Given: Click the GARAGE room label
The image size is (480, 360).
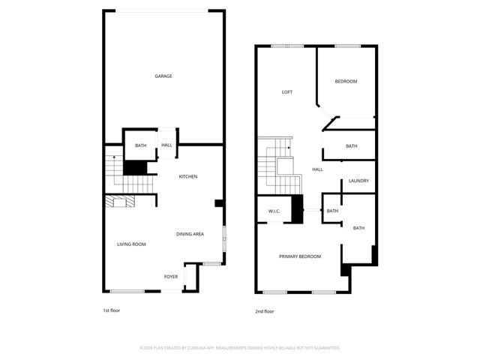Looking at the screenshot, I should pyautogui.click(x=163, y=76).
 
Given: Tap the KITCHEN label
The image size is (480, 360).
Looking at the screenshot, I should pyautogui.click(x=187, y=177).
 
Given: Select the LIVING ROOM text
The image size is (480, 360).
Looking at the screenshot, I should pyautogui.click(x=131, y=244).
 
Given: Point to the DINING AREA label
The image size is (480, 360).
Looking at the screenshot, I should pyautogui.click(x=190, y=235).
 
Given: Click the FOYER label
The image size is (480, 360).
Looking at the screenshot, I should pyautogui.click(x=171, y=277).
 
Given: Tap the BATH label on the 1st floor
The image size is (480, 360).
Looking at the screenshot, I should pyautogui.click(x=140, y=145).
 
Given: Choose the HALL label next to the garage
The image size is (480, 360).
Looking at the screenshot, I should pyautogui.click(x=166, y=145).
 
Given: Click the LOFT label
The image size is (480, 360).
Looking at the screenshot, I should pyautogui.click(x=286, y=92).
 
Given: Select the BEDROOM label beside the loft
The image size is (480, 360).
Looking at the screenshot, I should pyautogui.click(x=346, y=82).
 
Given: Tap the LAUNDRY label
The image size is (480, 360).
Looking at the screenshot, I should pyautogui.click(x=358, y=181).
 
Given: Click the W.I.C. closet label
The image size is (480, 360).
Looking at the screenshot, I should pyautogui.click(x=274, y=211).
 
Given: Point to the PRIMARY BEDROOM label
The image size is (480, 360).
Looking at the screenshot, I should pyautogui.click(x=300, y=256).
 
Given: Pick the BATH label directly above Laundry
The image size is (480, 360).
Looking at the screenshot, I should pyautogui.click(x=352, y=146).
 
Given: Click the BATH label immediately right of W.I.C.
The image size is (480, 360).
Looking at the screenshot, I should pyautogui.click(x=332, y=211).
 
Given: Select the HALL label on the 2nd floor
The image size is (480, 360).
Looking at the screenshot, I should pyautogui.click(x=317, y=169).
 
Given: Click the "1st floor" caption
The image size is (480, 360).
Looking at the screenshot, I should pyautogui.click(x=111, y=310).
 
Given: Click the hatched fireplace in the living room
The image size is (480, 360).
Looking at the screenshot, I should pyautogui.click(x=118, y=201).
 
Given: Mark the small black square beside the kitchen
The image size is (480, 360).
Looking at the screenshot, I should pyautogui.click(x=218, y=202).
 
